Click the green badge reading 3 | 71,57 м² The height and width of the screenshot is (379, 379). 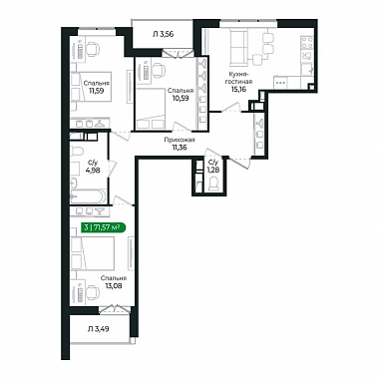(103, 227)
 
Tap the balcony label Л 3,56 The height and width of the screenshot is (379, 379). (164, 34)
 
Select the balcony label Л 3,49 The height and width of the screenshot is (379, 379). (99, 329)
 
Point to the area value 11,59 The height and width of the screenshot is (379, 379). (94, 90)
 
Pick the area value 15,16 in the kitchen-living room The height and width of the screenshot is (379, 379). (239, 89)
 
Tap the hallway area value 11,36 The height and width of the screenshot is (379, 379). (180, 148)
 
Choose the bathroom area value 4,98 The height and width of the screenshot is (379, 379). (94, 170)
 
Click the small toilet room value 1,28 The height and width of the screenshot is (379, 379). (212, 170)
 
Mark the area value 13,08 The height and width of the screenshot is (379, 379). (114, 285)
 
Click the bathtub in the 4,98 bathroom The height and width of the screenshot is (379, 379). (89, 196)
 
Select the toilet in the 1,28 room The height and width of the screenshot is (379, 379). (213, 184)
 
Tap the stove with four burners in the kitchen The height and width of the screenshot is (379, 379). (306, 42)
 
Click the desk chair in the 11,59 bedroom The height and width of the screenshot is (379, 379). (93, 50)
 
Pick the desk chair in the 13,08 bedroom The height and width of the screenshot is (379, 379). (93, 293)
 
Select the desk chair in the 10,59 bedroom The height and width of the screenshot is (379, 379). (159, 71)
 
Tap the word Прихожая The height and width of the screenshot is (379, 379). (180, 141)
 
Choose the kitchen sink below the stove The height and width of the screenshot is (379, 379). (306, 56)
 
